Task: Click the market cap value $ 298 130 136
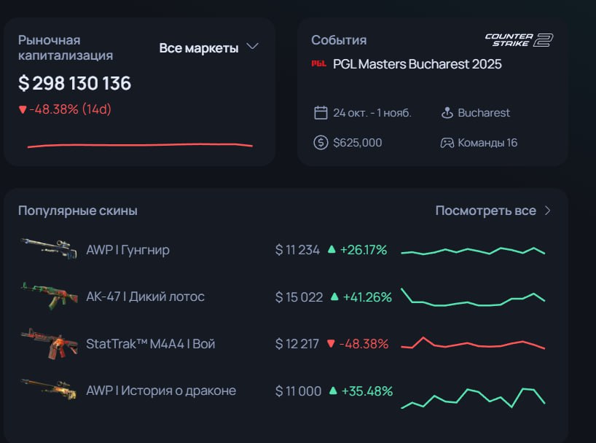(74, 83)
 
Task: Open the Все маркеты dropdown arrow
(252, 47)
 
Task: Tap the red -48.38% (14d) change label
(65, 109)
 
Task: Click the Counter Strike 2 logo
(519, 40)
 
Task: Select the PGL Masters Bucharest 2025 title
(417, 64)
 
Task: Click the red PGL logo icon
(318, 63)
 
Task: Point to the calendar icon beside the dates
(321, 112)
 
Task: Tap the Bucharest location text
(484, 112)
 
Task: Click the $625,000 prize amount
(357, 143)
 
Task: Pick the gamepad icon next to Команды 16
(447, 143)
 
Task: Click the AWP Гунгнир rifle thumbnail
(49, 248)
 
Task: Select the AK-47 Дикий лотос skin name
(145, 297)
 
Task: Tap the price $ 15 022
(299, 297)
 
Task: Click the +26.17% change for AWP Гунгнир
(364, 250)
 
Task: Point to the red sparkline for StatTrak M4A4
(473, 343)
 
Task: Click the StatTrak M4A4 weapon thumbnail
(49, 343)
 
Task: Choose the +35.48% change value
(366, 391)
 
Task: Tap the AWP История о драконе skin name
(161, 391)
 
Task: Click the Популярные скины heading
(78, 211)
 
